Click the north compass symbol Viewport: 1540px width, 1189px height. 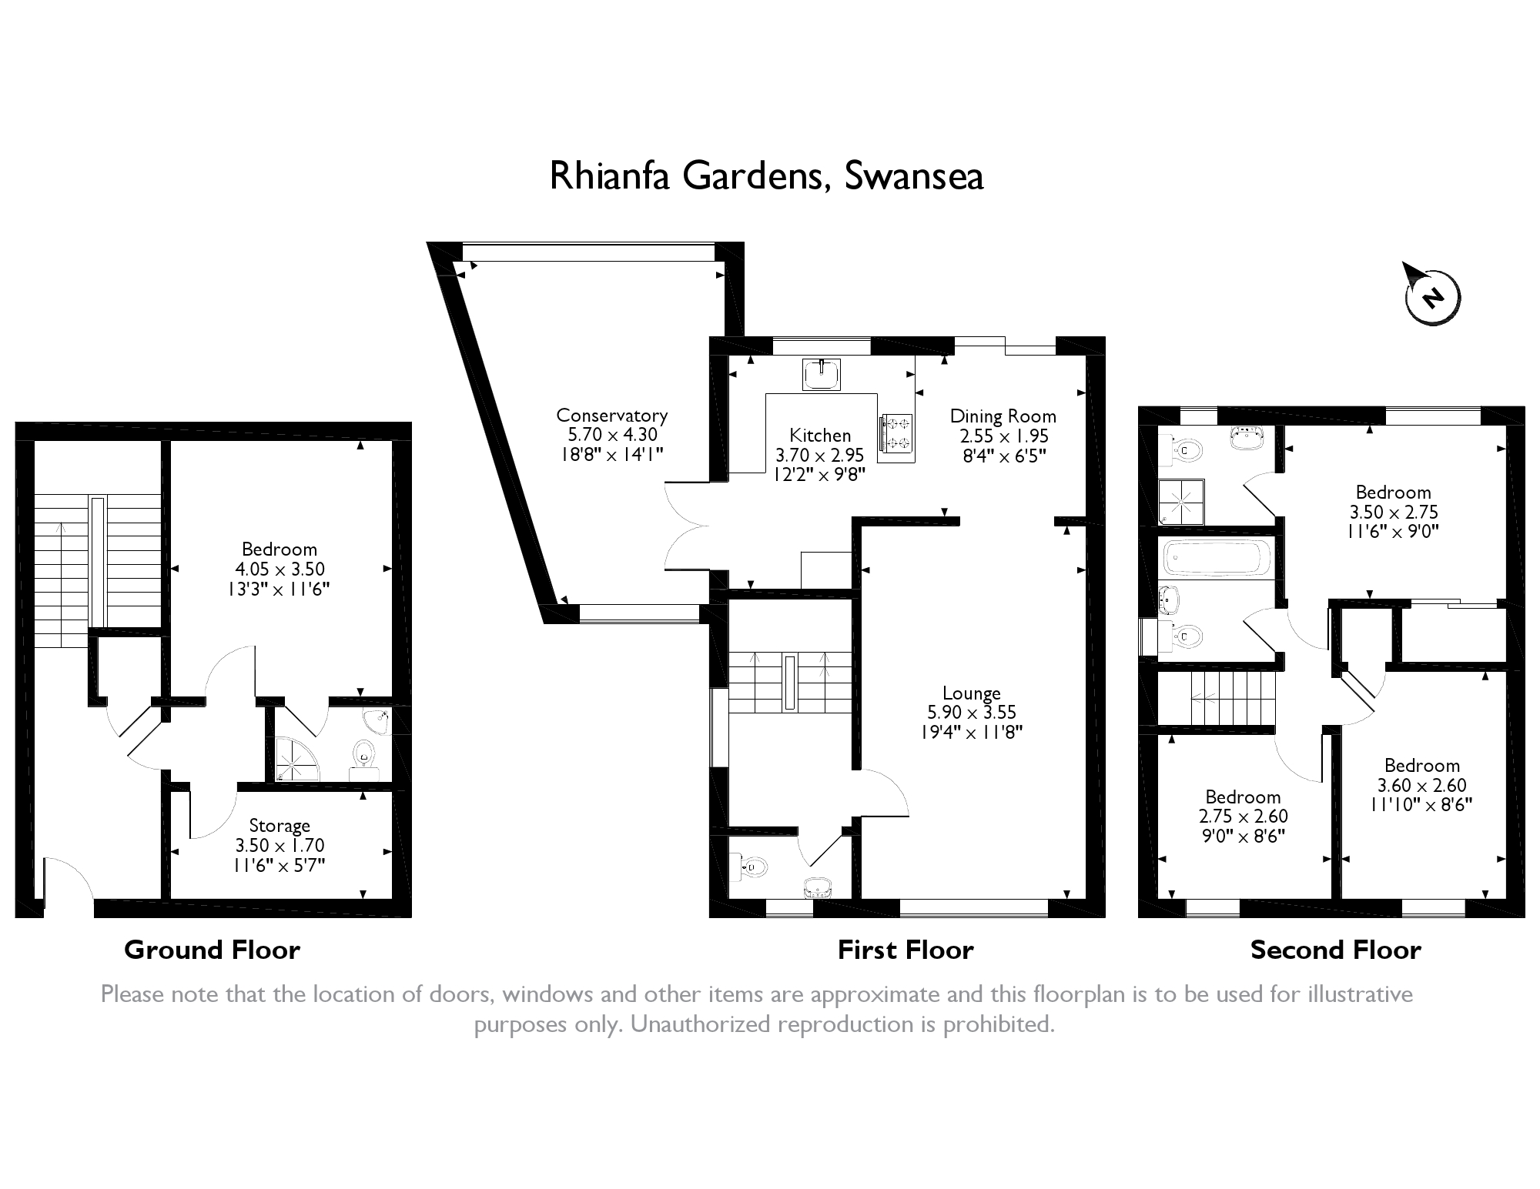[1431, 297]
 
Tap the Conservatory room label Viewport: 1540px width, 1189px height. [611, 416]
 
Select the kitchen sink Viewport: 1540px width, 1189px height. [821, 375]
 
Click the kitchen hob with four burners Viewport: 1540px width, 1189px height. [896, 433]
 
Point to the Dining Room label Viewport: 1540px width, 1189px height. [1003, 416]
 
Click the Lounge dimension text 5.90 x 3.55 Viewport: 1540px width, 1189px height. [971, 713]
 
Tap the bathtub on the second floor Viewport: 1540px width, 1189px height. [1216, 556]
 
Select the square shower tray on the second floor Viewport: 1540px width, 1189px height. [1181, 502]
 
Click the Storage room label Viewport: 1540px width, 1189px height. [279, 826]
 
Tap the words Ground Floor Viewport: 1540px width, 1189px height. [212, 950]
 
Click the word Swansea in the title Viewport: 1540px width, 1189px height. [913, 176]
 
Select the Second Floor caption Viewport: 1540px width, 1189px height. [1335, 950]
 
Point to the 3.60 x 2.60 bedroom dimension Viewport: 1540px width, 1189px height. [1421, 786]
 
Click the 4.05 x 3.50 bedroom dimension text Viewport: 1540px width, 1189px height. [280, 569]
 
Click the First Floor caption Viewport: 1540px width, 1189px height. [906, 950]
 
